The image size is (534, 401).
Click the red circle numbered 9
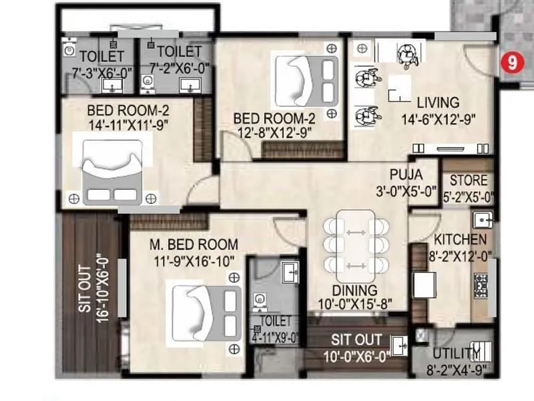coord(511,63)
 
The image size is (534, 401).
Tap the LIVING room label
coord(438,103)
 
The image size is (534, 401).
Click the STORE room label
coord(468,180)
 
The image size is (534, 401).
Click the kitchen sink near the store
coord(483,219)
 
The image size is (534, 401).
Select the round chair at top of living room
coord(405,55)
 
